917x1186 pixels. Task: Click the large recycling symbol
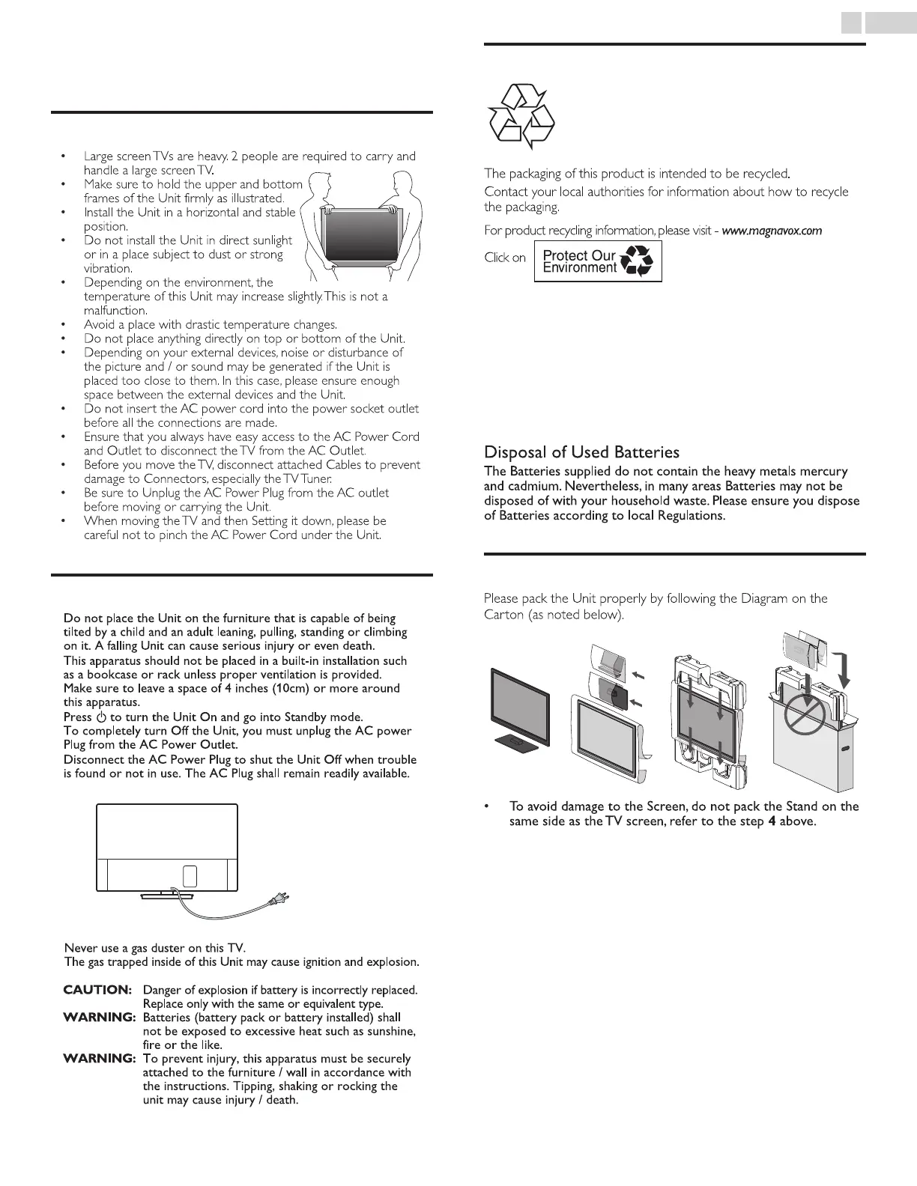(521, 116)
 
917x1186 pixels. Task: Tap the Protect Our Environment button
(598, 261)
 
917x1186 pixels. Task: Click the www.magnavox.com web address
(772, 231)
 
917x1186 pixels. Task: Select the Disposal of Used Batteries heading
(581, 452)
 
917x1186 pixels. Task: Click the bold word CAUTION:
(97, 990)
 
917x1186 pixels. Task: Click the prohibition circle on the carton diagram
(804, 720)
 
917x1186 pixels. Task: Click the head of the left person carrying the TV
(318, 182)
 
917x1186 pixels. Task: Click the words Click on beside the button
(505, 258)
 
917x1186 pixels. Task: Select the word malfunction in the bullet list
(115, 311)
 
